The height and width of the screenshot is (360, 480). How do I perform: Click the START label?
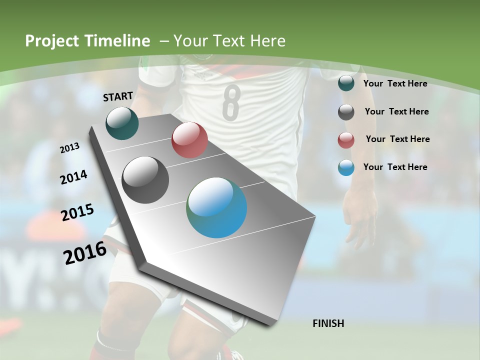tap(118, 96)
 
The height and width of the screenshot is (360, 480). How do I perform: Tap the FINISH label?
tap(328, 323)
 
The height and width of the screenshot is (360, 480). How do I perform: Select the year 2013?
tap(70, 148)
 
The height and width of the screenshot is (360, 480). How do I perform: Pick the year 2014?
tap(74, 177)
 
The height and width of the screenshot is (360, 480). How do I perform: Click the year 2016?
tap(85, 253)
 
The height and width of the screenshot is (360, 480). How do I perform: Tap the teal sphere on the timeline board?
tap(122, 123)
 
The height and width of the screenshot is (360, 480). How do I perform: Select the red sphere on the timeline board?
tap(189, 140)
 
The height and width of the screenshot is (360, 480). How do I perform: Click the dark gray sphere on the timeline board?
tap(145, 180)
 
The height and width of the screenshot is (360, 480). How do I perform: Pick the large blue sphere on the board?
tap(216, 207)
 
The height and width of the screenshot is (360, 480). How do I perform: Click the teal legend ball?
tap(346, 83)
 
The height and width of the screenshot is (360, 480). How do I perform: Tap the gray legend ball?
tap(346, 112)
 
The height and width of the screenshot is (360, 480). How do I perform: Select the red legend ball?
tap(346, 140)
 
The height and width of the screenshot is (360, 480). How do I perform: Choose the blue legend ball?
tap(346, 167)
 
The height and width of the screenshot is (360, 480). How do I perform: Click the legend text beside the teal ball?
tap(395, 83)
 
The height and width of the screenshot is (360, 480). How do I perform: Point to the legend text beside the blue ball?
tap(395, 167)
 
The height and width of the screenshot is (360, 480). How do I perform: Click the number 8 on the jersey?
tap(231, 102)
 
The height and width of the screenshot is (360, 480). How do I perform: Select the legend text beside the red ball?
tap(397, 139)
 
